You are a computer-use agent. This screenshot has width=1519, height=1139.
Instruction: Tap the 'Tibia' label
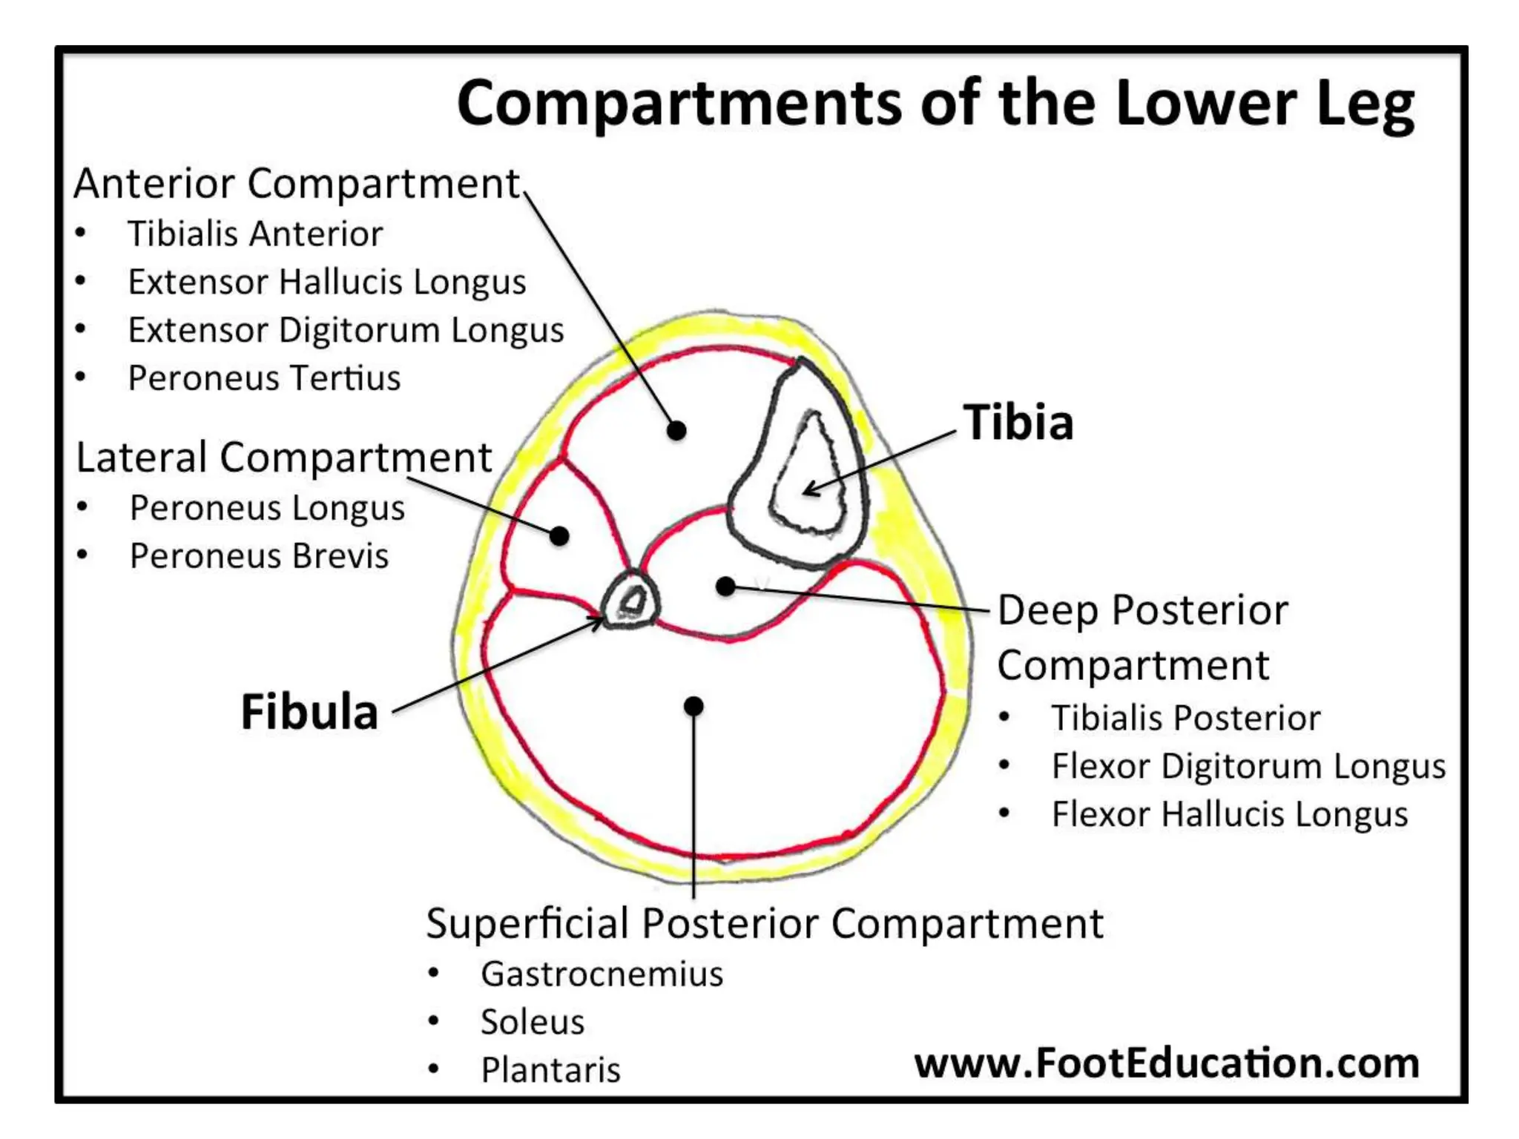1018,423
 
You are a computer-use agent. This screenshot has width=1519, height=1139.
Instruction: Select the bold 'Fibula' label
309,712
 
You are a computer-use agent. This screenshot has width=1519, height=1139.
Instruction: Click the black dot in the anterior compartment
676,430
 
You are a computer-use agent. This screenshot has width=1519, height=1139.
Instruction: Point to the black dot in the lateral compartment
559,535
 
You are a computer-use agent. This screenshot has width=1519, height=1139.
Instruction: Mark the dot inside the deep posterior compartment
725,587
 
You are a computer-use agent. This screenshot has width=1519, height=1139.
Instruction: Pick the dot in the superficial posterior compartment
693,706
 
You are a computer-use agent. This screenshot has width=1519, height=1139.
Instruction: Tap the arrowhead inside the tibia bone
810,489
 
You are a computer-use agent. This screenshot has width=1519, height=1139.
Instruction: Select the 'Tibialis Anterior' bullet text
255,234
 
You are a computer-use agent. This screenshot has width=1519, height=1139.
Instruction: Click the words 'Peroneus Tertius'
264,378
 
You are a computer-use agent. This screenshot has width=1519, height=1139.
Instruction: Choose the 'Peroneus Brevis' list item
259,556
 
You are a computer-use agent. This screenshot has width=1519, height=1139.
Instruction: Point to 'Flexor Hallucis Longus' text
1229,814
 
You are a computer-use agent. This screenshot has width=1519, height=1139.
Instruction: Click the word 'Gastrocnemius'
602,974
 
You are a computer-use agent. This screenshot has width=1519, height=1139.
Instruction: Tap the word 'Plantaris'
550,1070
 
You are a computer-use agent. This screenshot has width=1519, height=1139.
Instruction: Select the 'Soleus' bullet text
533,1023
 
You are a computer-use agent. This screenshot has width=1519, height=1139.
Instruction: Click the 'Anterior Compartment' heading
297,184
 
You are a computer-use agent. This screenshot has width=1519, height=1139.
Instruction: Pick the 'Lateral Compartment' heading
284,458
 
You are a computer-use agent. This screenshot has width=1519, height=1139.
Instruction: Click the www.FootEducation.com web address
1166,1063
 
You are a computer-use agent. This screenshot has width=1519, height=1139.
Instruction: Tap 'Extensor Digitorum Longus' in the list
346,331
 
